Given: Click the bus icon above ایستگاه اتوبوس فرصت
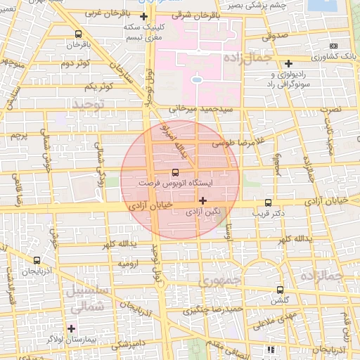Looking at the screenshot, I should tap(175, 172).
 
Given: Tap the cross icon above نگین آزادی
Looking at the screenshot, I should tap(203, 200).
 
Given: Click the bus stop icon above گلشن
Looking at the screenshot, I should tap(281, 290).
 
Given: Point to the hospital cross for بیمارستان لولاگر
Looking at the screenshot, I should tap(71, 328).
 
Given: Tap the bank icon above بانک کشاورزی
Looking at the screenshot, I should tap(333, 46).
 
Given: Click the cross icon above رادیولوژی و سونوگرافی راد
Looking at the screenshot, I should tap(289, 63).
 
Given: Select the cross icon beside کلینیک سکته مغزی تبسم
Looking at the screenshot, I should tap(144, 15).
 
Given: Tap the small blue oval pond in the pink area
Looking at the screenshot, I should tap(197, 80).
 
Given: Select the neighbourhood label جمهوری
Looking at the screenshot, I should tap(219, 280).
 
